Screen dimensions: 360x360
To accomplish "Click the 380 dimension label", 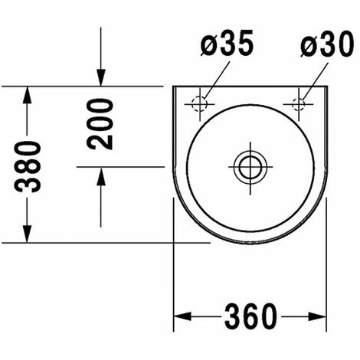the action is pos(28,168).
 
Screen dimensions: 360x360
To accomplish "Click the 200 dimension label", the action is pos(100,124).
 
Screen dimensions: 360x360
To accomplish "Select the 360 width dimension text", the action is pos(250,316).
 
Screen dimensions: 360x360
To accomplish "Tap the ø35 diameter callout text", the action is pos(227,43).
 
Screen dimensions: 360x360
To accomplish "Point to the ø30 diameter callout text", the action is pos(327,44).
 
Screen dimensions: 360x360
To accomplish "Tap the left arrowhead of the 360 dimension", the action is pos(182,316).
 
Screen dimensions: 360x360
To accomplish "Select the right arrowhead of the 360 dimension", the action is pos(317,316).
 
